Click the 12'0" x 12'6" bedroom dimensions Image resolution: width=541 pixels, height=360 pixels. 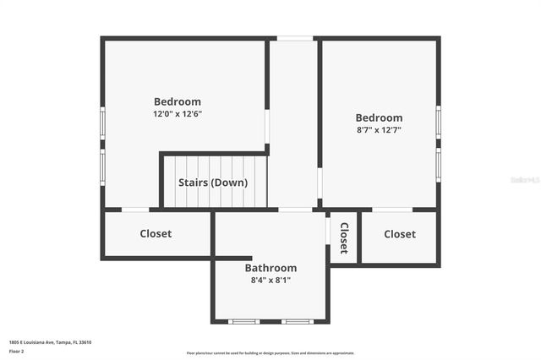pyautogui.click(x=178, y=114)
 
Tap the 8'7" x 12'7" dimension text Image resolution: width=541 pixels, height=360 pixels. pyautogui.click(x=378, y=130)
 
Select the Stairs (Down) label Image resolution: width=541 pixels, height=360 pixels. pyautogui.click(x=213, y=183)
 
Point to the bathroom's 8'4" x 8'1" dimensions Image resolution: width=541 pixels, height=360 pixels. pyautogui.click(x=270, y=280)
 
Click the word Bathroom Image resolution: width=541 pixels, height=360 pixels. pyautogui.click(x=270, y=268)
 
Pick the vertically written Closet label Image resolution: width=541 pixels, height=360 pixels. pyautogui.click(x=343, y=237)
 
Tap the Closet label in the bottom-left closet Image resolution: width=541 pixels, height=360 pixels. pyautogui.click(x=156, y=233)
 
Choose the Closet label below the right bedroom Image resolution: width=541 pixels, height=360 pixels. pyautogui.click(x=399, y=234)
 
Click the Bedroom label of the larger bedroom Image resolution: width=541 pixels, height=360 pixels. pyautogui.click(x=178, y=101)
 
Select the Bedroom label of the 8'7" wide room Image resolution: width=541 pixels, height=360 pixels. pyautogui.click(x=379, y=117)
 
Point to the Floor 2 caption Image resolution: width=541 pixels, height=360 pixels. pyautogui.click(x=17, y=351)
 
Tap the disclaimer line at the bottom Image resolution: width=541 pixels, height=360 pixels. pyautogui.click(x=270, y=353)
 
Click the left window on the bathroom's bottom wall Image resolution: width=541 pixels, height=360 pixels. pyautogui.click(x=244, y=321)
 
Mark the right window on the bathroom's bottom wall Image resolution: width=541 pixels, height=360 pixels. pyautogui.click(x=297, y=321)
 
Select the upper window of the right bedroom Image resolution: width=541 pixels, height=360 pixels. pyautogui.click(x=438, y=121)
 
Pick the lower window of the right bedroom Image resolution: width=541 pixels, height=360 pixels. pyautogui.click(x=438, y=164)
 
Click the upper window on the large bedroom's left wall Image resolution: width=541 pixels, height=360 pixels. pyautogui.click(x=103, y=123)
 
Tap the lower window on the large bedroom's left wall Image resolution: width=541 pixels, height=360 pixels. pyautogui.click(x=103, y=166)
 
